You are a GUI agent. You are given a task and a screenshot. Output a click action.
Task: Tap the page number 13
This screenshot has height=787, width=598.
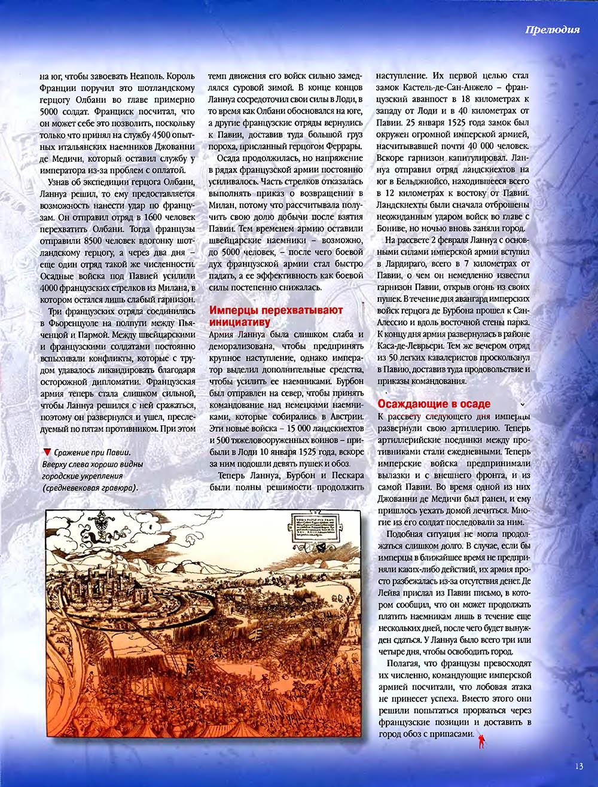coord(578,767)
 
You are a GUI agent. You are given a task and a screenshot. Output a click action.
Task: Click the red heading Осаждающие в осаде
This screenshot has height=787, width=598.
coord(434,404)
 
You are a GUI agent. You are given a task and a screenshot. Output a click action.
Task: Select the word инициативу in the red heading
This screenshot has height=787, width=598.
coord(235,322)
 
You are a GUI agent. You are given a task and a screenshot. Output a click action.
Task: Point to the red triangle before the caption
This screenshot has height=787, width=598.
coord(47,452)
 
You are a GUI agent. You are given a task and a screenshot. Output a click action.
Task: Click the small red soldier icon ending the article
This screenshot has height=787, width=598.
coord(480,742)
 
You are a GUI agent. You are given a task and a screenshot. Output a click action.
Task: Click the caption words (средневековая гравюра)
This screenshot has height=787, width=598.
coord(89,488)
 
